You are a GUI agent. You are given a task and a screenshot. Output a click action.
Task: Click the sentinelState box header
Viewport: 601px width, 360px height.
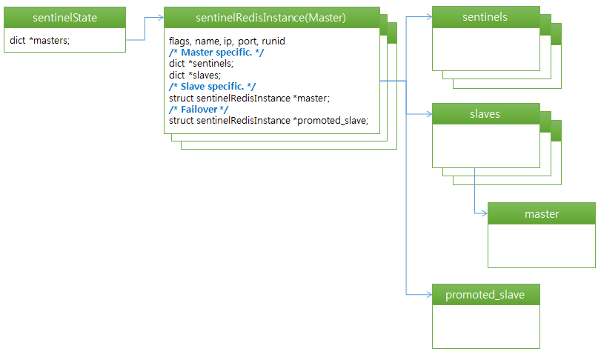pos(64,17)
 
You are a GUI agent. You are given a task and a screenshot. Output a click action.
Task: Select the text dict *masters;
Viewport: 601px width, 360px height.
pos(40,40)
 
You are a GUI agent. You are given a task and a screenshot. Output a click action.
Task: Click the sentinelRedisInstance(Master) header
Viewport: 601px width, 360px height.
pos(271,18)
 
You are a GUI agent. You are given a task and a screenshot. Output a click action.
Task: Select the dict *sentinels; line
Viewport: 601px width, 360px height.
pos(201,64)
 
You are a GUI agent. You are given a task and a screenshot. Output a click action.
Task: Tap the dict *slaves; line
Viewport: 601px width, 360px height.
pos(195,75)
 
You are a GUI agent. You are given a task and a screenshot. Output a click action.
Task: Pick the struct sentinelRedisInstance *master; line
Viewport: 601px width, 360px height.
pos(249,98)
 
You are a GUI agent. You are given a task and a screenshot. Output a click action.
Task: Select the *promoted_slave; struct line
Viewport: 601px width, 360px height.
pos(268,120)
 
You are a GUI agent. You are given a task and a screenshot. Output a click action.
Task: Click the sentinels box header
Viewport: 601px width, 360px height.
pos(485,17)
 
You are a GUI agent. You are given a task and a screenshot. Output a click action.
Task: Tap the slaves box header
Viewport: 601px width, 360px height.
pos(485,114)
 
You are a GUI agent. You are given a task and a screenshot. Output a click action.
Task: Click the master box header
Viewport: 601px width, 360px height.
pos(541,214)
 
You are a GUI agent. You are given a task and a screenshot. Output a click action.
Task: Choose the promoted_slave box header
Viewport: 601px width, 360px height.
pos(485,295)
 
